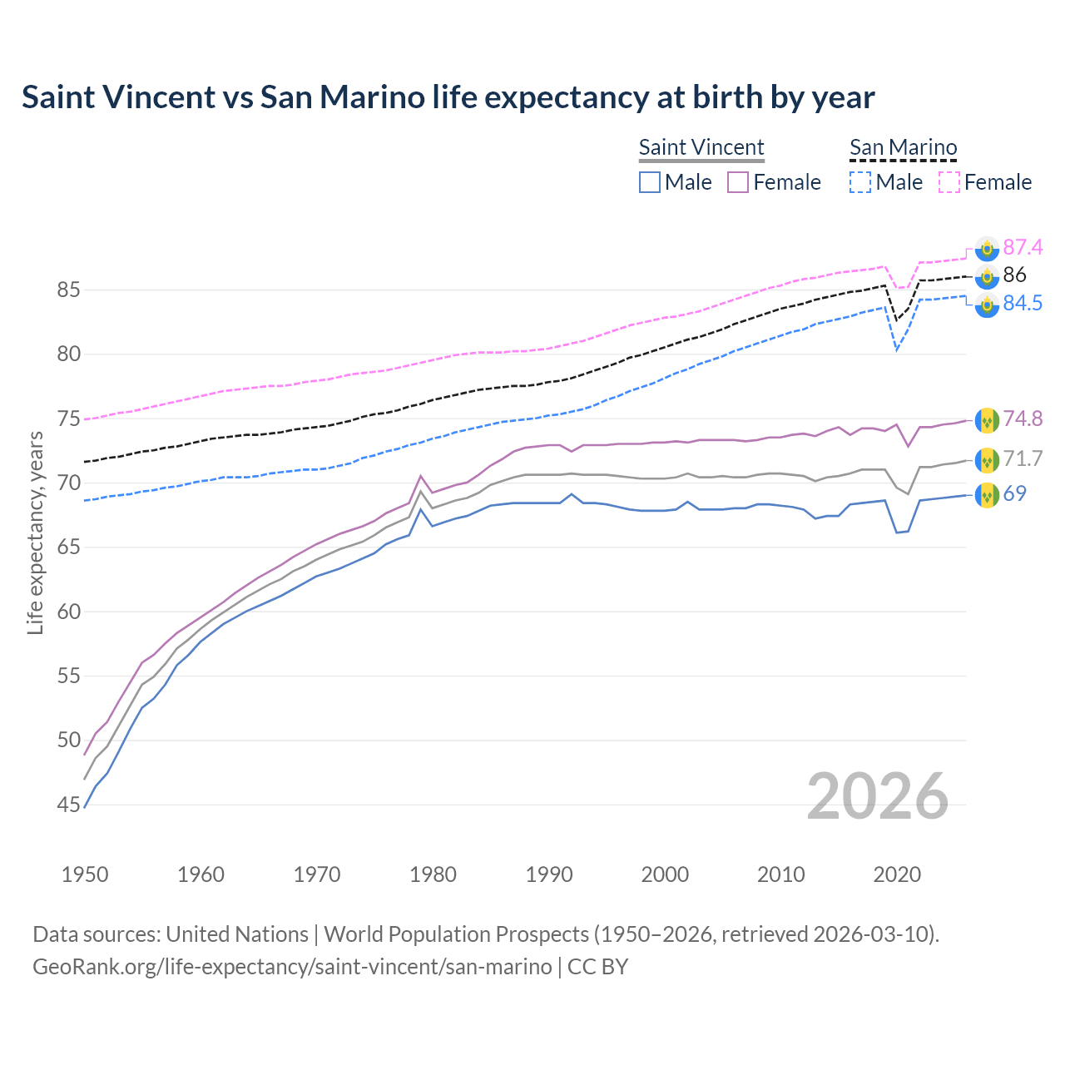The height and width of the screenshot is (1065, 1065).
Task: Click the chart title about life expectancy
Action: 448,97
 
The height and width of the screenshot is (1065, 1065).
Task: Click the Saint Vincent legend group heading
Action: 701,147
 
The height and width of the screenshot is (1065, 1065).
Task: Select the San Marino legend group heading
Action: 903,147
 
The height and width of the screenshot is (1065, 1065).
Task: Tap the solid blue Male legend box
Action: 650,182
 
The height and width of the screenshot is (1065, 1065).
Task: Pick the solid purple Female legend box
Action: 739,182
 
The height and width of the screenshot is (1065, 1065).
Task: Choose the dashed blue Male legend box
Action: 860,182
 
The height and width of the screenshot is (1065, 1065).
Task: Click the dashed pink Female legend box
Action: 949,182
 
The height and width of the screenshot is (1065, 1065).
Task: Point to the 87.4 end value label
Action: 1023,247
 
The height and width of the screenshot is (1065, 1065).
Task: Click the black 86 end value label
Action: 1014,275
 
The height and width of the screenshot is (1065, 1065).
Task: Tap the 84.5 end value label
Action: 1023,304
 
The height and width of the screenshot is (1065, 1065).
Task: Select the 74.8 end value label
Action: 1023,419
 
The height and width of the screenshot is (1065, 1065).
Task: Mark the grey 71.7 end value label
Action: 1023,458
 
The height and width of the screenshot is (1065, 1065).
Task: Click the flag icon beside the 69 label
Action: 987,494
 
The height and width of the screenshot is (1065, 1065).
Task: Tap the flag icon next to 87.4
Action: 987,248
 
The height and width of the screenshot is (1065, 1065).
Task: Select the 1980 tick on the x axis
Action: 433,874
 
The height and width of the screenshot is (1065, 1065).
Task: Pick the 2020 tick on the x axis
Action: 897,874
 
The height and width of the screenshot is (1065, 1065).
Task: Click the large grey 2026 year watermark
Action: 878,796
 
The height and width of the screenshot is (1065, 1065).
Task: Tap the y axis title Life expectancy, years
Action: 36,532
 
